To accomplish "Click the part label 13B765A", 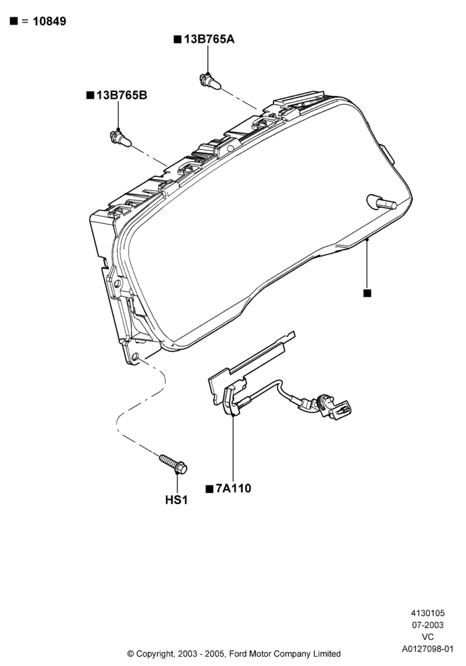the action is [x=209, y=39].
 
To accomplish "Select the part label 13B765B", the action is [x=122, y=95].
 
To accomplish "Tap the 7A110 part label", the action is [x=234, y=488].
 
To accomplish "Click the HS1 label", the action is [x=176, y=500].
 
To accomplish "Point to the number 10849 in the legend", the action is [x=49, y=21].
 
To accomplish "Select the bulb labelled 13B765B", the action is [x=120, y=139].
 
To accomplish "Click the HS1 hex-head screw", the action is [x=173, y=464].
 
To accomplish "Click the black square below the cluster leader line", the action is [x=367, y=293].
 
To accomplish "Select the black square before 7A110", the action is [x=209, y=490].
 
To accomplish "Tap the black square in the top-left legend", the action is [x=14, y=21].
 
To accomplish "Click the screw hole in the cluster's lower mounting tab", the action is [x=135, y=357].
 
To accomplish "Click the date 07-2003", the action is [x=428, y=625].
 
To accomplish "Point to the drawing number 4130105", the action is [x=428, y=613].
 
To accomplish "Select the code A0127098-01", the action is [x=428, y=649].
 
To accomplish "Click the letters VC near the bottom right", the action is [x=428, y=637].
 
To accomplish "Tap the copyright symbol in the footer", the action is [x=130, y=654].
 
